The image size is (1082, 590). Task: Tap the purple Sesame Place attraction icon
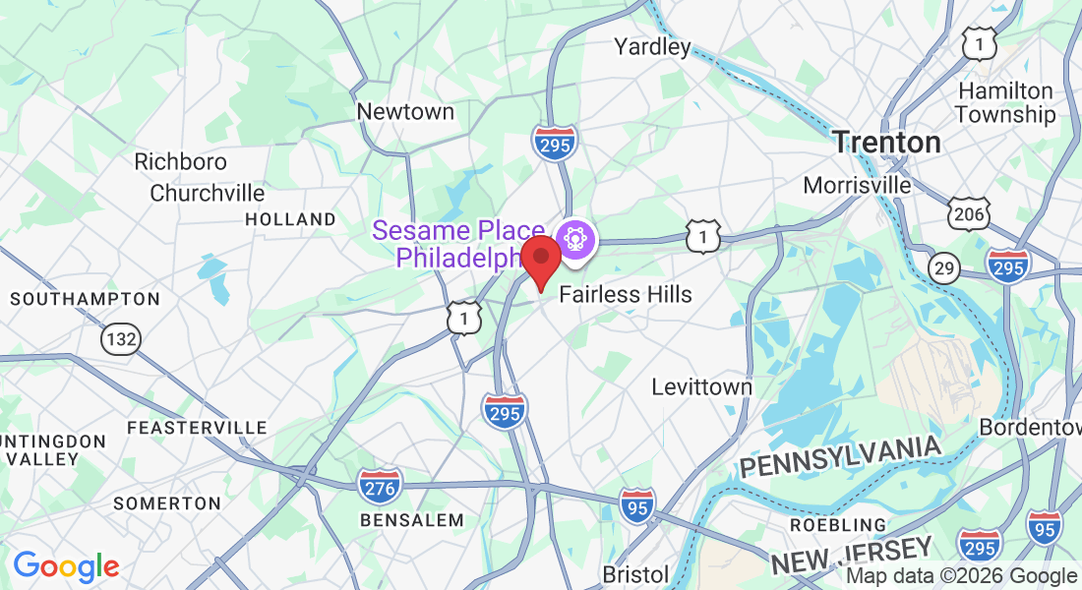[573, 239]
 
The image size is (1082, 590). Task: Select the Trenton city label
[886, 143]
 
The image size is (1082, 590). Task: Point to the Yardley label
[652, 46]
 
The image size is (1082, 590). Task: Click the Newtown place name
[405, 112]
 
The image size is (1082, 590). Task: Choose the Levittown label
[701, 386]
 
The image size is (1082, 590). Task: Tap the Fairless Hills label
[626, 294]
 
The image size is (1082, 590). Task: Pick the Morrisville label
[857, 185]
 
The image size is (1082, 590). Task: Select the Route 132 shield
[120, 339]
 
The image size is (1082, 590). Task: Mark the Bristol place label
[635, 573]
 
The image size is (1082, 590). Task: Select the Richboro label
[180, 161]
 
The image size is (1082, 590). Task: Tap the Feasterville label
[197, 428]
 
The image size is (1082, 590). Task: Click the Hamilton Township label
[1004, 102]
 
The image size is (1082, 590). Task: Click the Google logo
[66, 567]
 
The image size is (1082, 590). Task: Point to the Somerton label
[166, 503]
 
